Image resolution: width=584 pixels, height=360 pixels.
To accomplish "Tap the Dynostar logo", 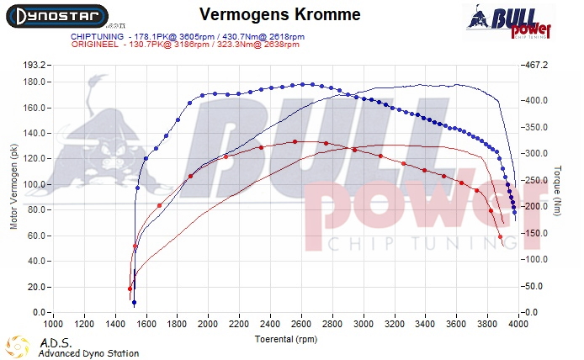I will (x=55, y=16).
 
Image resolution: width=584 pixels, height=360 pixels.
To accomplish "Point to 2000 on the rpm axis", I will (x=209, y=323).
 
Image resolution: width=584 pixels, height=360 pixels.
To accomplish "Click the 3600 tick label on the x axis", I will (x=456, y=323).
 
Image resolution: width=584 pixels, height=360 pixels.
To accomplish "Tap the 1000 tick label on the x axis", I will (x=54, y=323).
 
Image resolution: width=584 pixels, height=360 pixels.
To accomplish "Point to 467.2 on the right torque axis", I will (x=535, y=65).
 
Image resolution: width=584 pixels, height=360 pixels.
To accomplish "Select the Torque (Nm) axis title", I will (x=557, y=188).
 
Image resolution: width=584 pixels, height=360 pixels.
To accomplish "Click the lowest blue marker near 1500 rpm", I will (x=134, y=303).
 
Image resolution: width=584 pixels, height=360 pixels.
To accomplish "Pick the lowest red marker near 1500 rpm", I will (x=130, y=289).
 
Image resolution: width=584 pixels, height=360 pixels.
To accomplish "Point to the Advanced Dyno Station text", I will (x=88, y=353).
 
